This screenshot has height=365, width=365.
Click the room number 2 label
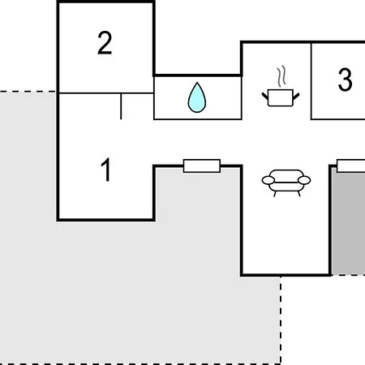click(x=105, y=43)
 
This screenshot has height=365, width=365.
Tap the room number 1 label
click(x=106, y=170)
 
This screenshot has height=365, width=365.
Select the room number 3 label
click(x=346, y=79)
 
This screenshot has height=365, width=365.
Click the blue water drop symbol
click(x=197, y=97)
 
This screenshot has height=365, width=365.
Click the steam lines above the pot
click(x=281, y=76)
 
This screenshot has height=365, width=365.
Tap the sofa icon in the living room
click(x=286, y=182)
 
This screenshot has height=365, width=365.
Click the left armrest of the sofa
click(x=268, y=180)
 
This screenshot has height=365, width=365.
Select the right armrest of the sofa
click(x=304, y=180)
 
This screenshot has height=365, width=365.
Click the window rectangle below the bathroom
click(x=202, y=165)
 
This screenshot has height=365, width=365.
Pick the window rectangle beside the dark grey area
click(x=351, y=165)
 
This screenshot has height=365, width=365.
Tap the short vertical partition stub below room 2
click(x=121, y=106)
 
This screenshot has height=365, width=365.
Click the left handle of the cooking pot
click(x=265, y=96)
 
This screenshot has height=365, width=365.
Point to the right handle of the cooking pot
click(x=296, y=96)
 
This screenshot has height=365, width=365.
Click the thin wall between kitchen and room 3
click(x=311, y=81)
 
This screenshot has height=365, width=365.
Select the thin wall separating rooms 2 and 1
click(x=106, y=93)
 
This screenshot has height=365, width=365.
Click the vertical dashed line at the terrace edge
click(x=281, y=320)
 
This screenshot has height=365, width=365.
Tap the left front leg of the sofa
click(x=275, y=194)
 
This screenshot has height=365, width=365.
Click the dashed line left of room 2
click(x=28, y=92)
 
